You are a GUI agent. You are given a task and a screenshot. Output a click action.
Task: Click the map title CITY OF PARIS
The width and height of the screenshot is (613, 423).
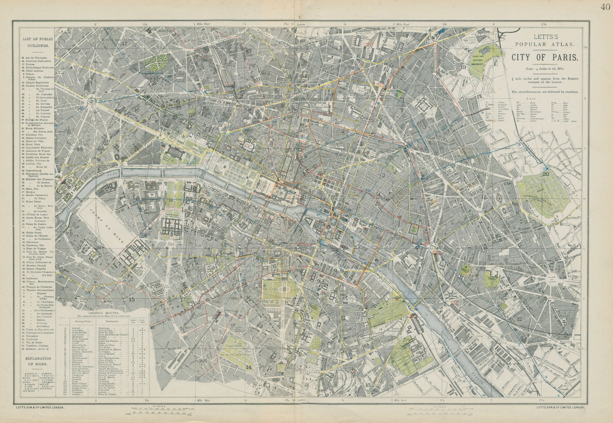544,57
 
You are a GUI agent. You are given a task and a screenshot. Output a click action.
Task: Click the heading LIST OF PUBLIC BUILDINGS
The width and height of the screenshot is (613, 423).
38,42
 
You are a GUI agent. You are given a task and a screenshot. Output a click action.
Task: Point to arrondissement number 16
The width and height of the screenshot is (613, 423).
80,149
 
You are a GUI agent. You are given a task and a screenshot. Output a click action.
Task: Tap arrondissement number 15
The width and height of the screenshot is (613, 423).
133,300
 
